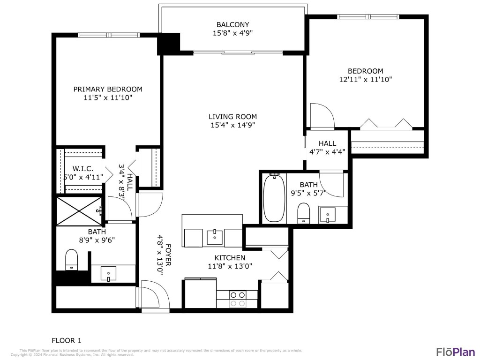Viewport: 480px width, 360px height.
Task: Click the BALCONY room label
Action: pos(232,24)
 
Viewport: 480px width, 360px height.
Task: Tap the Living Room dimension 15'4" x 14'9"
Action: pos(232,125)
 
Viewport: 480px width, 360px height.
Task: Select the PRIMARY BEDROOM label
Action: pos(108,89)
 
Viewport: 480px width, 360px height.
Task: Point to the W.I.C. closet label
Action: pos(82,168)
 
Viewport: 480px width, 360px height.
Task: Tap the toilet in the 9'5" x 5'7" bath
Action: pos(303,213)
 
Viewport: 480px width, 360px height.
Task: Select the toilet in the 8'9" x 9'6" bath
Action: pos(71,260)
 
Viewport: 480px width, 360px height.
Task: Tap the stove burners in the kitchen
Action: pos(238,299)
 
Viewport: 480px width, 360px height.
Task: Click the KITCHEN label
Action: pos(230,258)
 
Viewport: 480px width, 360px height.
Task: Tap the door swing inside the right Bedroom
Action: pos(321,116)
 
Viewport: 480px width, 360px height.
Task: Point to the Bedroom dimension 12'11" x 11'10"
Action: pos(365,80)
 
